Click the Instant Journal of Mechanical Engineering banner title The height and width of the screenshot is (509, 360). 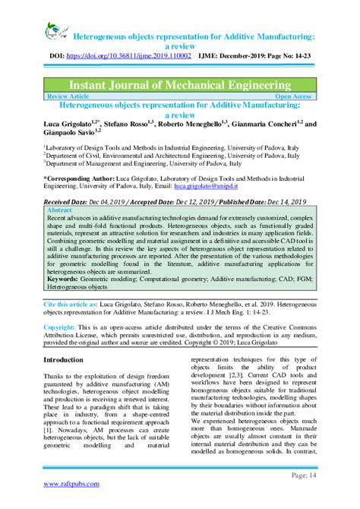click(180, 83)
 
